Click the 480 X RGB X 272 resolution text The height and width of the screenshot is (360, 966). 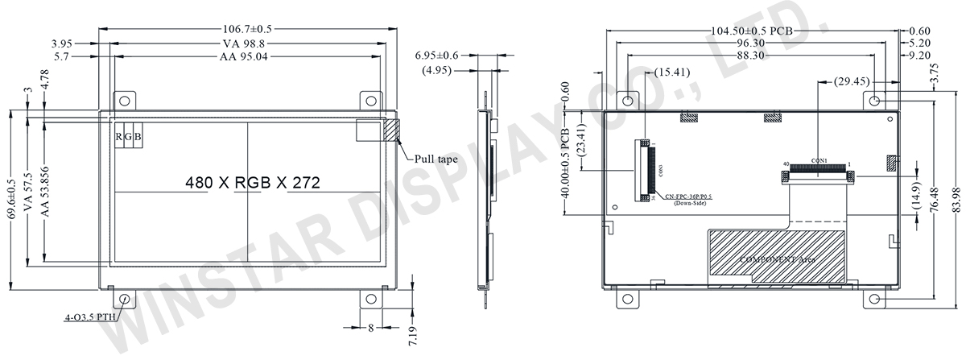coord(253,183)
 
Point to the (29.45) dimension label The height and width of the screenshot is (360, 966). coord(851,81)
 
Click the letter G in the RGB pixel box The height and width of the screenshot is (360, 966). coord(129,137)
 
